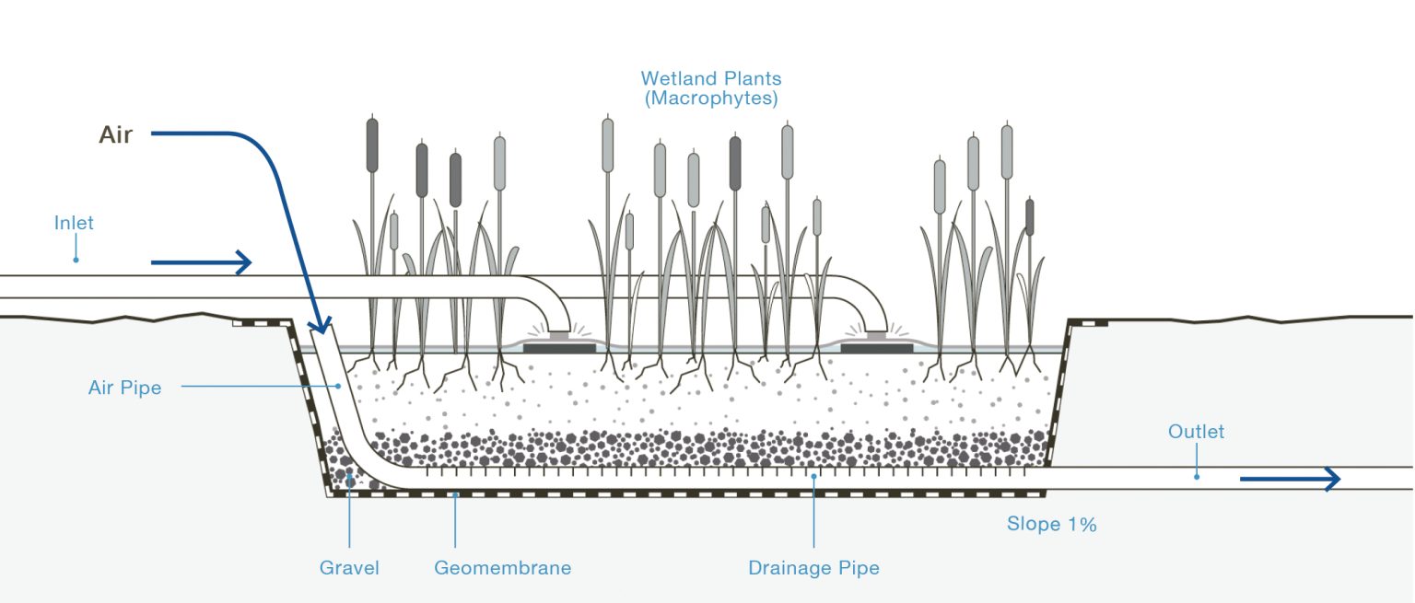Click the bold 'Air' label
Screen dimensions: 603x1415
click(115, 135)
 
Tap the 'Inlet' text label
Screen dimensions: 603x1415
click(74, 223)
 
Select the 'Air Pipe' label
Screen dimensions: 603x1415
click(124, 388)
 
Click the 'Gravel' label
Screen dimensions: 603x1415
click(349, 568)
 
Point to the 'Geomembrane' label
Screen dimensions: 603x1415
click(502, 568)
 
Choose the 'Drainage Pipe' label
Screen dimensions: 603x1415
click(813, 568)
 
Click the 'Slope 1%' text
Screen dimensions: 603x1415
click(1051, 525)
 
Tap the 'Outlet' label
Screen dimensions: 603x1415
click(1196, 431)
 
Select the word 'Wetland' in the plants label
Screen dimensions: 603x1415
click(679, 78)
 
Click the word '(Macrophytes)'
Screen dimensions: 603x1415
click(711, 98)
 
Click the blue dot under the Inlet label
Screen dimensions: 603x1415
click(76, 260)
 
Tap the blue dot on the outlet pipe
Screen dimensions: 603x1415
click(1197, 476)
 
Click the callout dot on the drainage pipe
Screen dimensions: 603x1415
click(813, 477)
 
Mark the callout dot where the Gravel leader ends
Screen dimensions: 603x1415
click(349, 474)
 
